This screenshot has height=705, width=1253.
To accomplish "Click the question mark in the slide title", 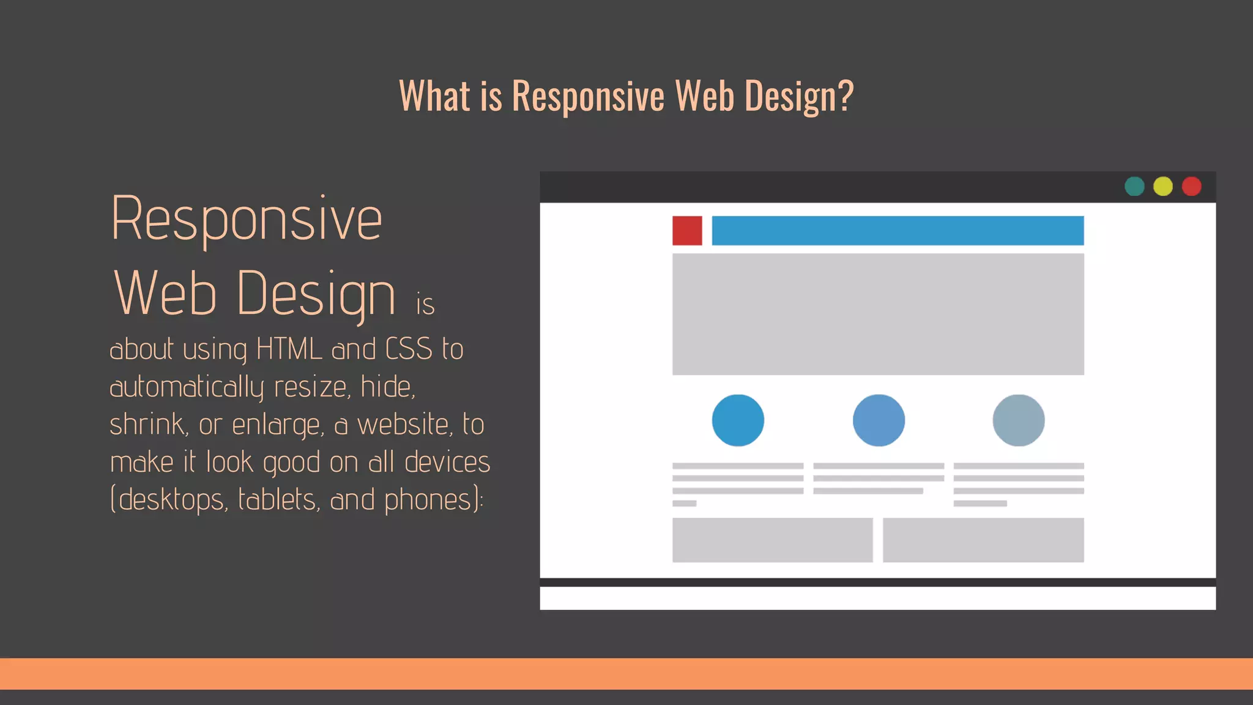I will click(845, 95).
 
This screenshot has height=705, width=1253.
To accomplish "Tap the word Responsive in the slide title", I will click(588, 97).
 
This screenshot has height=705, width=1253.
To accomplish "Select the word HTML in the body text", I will click(289, 349).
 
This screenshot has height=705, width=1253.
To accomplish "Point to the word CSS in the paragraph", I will click(409, 349).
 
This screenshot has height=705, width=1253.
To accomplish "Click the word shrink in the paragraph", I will click(147, 424).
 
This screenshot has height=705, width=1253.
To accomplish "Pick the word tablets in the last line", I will click(277, 499).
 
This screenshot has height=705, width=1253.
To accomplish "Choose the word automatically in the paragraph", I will click(187, 387).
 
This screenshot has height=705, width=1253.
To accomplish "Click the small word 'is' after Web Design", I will click(425, 304).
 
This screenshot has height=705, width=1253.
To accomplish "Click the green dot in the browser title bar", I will click(1134, 186).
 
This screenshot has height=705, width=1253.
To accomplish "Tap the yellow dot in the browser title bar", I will click(1163, 186).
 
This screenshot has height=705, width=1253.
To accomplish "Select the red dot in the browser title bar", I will click(1191, 186).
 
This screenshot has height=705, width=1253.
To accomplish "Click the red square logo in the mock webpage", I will click(687, 231).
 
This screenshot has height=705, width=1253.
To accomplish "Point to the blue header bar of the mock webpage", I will click(898, 231).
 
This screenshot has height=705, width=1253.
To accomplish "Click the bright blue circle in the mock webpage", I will click(738, 420).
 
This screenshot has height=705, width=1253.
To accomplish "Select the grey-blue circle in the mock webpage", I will click(1018, 420).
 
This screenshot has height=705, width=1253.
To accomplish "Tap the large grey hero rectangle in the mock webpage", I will click(878, 314).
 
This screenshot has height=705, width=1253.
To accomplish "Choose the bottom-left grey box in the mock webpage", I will click(772, 540).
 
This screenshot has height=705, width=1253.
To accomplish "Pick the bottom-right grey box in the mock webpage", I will click(983, 540).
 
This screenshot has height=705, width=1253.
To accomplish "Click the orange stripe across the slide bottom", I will click(626, 674).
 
